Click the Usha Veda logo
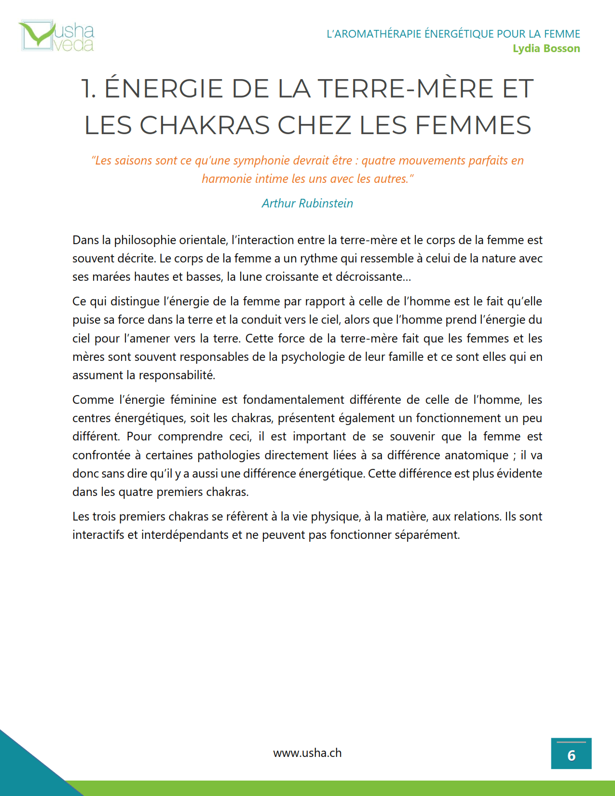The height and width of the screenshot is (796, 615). coord(56,36)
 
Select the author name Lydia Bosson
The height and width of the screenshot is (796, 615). coord(546,49)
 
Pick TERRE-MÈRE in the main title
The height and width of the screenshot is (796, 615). coord(405,89)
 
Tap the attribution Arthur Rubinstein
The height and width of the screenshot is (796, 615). coord(307,204)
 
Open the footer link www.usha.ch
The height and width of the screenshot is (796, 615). coord(307,753)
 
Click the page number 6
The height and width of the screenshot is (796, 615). coord(571,755)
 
